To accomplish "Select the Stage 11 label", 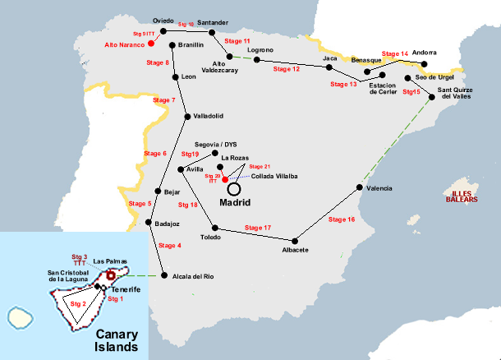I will (x=237, y=40).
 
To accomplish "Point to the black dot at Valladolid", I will (x=187, y=115).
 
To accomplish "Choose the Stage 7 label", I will (x=163, y=100).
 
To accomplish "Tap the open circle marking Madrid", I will (x=234, y=188).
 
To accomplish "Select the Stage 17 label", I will (x=257, y=227).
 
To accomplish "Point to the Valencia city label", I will (x=379, y=188).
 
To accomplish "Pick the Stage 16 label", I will (x=341, y=219).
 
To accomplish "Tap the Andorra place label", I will (x=425, y=50).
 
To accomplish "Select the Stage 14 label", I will (x=395, y=53).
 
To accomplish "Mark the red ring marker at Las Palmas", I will (x=111, y=275).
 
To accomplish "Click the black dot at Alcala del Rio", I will (x=165, y=275).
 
